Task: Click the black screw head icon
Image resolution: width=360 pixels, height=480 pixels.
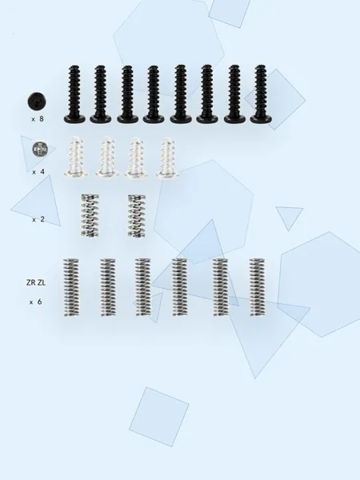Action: [37, 102]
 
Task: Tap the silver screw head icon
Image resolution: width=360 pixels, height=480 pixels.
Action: [40, 149]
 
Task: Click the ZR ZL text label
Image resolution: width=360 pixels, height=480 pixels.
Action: [36, 282]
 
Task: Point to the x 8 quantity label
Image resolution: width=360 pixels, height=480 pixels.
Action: [38, 118]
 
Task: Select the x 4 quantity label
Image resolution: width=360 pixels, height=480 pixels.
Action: [38, 172]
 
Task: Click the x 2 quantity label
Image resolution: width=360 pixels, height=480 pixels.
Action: [38, 219]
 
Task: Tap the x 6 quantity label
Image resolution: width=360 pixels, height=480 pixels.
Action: [35, 302]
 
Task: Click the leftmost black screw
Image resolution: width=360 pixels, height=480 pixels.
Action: [74, 94]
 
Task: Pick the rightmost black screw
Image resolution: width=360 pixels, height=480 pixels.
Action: [261, 94]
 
